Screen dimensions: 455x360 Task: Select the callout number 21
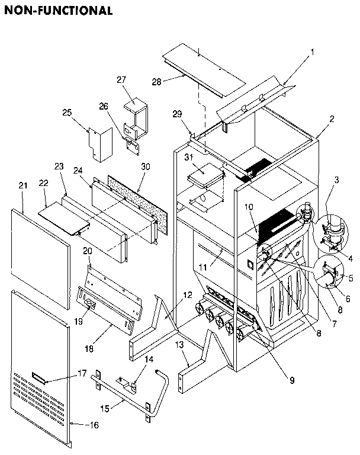pyautogui.click(x=22, y=186)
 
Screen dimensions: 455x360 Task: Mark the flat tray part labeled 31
pyautogui.click(x=204, y=174)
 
